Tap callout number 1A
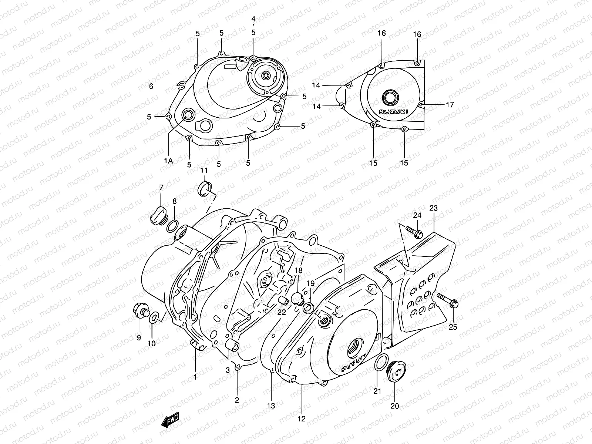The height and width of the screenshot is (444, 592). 169,161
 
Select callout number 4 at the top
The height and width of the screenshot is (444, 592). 253,19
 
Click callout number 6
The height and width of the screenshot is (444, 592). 151,86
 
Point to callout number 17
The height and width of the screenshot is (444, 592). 450,105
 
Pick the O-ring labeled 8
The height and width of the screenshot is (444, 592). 172,226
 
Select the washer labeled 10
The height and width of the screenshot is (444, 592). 155,317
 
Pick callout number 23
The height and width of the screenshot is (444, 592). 433,208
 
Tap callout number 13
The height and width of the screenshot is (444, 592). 271,406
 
